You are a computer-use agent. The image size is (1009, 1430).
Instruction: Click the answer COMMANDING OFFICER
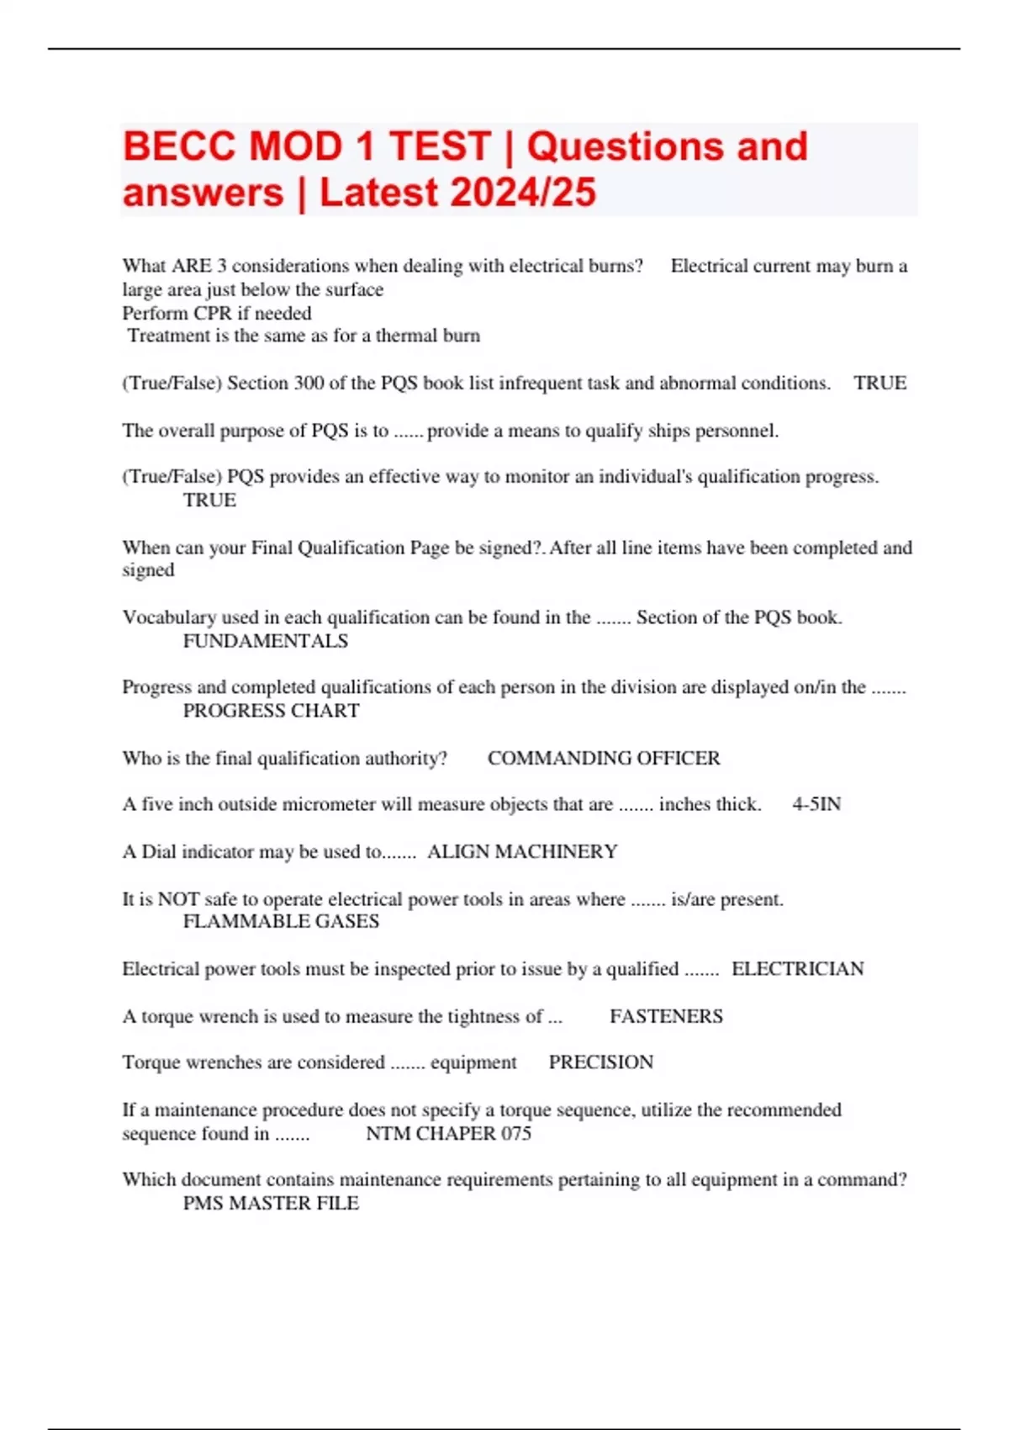[x=604, y=758]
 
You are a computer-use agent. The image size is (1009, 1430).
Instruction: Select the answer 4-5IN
[x=816, y=804]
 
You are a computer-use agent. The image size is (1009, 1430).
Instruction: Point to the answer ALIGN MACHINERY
[x=522, y=851]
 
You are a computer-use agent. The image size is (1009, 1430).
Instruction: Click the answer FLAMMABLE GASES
[x=281, y=921]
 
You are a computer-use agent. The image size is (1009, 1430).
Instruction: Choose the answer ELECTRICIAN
[x=797, y=969]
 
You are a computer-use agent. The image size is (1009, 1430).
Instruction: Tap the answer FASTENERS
[x=666, y=1016]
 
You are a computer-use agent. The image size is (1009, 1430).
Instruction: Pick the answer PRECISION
[x=600, y=1062]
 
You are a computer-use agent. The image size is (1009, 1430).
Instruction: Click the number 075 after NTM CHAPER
[x=516, y=1133]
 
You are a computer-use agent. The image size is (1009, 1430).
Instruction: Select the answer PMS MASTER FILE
[x=271, y=1203]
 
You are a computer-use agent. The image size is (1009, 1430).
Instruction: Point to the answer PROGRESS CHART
[x=271, y=711]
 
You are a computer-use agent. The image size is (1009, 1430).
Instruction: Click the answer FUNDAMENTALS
[x=265, y=641]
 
